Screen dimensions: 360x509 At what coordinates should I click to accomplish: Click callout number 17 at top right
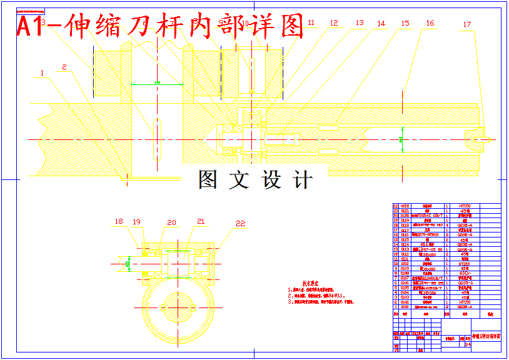[x=467, y=25]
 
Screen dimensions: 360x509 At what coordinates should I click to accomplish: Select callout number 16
[x=430, y=23]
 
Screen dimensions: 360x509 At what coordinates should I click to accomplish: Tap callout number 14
[x=381, y=23]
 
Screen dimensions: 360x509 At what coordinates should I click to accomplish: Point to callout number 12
[x=334, y=23]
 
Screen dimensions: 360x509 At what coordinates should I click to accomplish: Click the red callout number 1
[x=42, y=73]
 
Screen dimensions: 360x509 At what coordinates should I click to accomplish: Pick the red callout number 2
[x=64, y=67]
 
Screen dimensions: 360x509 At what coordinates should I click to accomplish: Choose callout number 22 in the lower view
[x=241, y=223]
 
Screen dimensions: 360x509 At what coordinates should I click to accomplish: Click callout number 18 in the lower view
[x=119, y=221]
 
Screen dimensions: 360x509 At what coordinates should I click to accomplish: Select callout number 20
[x=171, y=222]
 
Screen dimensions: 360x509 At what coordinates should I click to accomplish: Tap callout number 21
[x=201, y=221]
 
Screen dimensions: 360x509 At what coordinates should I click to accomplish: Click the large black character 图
[x=209, y=179]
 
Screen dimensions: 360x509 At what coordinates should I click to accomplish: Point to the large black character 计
[x=303, y=179]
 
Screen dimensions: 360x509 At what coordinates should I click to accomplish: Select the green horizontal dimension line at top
[x=157, y=84]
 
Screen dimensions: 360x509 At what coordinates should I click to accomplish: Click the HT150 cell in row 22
[x=465, y=206]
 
